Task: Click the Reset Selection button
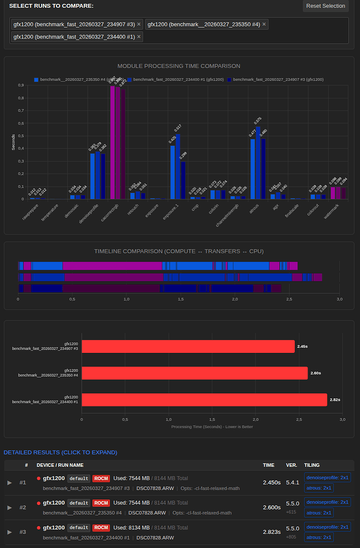pos(325,6)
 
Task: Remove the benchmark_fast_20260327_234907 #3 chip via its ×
pos(139,24)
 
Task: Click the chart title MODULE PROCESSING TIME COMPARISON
pos(179,66)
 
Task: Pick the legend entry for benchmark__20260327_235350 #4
pos(73,79)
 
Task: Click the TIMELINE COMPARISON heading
pos(179,252)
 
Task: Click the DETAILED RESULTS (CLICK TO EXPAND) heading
pos(60,452)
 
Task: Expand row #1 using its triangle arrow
pos(9,482)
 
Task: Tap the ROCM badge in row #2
pos(101,503)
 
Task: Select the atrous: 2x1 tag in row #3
pos(319,537)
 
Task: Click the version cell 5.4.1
pos(293,482)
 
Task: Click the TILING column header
pos(312,465)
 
